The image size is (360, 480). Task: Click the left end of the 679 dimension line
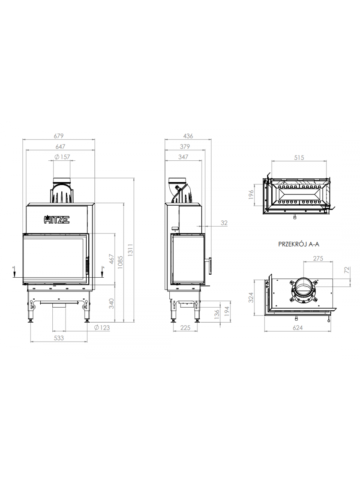(x=23, y=140)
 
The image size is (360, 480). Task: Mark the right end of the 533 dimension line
(x=87, y=342)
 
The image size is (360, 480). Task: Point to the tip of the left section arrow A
(x=14, y=277)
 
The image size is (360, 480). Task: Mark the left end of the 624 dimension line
(x=264, y=331)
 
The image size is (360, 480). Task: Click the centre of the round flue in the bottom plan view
(x=302, y=289)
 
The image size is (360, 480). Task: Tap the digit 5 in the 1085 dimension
(x=120, y=258)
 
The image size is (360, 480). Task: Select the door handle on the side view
(x=209, y=265)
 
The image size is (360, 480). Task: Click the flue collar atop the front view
(x=62, y=180)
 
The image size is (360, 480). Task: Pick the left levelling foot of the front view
(x=31, y=321)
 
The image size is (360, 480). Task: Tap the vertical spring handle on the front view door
(x=87, y=265)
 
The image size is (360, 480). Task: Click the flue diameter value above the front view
(x=62, y=157)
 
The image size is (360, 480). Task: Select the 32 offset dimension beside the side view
(x=224, y=223)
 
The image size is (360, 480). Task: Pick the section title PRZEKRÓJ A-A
(x=299, y=244)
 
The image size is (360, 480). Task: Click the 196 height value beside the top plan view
(x=251, y=195)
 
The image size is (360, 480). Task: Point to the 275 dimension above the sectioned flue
(x=318, y=258)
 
